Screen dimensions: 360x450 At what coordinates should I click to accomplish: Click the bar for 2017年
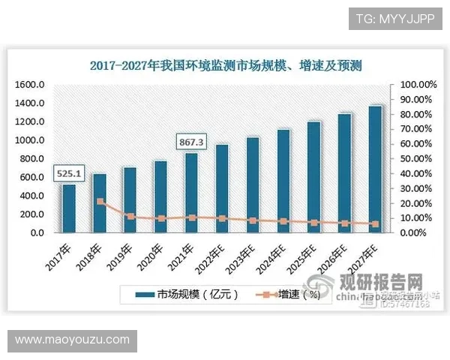(69, 208)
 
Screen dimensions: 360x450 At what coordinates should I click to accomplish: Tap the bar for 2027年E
(375, 169)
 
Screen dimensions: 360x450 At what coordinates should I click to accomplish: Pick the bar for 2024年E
(283, 181)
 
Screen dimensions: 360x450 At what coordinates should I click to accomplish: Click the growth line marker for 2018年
(100, 202)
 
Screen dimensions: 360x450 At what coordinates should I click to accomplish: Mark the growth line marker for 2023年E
(253, 220)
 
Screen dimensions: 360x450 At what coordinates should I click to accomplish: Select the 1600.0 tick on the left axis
(31, 85)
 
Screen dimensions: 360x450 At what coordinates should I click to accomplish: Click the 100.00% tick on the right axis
(415, 85)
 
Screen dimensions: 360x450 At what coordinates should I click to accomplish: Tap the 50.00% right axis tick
(415, 159)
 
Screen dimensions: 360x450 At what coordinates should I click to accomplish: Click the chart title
(226, 66)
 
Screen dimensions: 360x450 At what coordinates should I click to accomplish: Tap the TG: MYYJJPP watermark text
(394, 16)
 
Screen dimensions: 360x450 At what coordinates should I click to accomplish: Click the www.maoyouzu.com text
(72, 340)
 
